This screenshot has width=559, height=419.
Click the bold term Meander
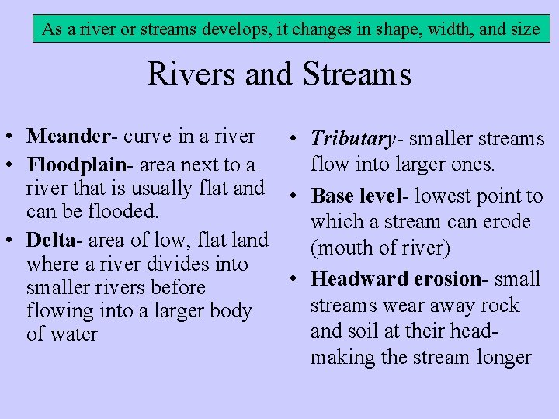tap(68, 137)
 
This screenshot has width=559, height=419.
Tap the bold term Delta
tap(50, 241)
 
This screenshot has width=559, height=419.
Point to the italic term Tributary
tap(352, 140)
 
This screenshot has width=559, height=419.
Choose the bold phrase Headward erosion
tap(395, 279)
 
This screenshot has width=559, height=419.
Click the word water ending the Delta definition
tap(74, 334)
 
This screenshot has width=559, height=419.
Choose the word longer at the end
tap(505, 358)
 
